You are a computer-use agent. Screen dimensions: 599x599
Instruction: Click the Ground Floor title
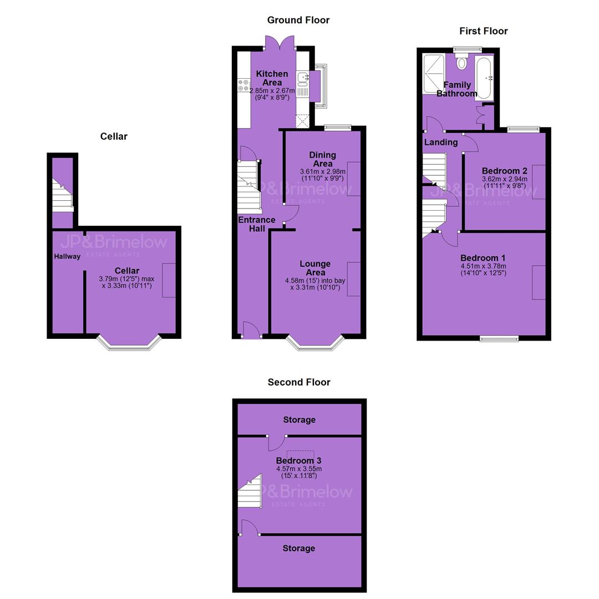pos(298,21)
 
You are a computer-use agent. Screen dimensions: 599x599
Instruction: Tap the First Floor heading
pos(483,31)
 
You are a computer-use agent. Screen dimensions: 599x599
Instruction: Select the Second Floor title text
pos(299,382)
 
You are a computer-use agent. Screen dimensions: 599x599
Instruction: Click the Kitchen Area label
pos(272,78)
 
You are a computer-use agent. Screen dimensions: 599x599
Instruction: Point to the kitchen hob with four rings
pos(243,85)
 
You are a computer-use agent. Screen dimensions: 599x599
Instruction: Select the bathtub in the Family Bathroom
pos(484,79)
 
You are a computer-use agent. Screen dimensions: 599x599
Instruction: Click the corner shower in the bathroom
pos(434,74)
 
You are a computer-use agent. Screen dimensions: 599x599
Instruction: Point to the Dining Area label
pos(323,159)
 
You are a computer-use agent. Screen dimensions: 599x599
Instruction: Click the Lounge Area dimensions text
pos(315,284)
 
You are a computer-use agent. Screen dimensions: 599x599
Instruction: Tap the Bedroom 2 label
pos(504,171)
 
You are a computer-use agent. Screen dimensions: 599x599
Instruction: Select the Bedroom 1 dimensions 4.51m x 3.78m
pos(483,266)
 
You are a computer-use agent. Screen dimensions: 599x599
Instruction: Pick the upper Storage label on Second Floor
pos(299,420)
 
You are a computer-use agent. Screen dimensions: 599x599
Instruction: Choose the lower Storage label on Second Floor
pos(299,549)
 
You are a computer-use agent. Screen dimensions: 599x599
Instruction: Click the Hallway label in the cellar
pos(67,256)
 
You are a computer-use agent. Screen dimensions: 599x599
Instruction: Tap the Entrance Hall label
pos(257,224)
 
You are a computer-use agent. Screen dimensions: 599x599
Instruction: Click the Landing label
pos(441,142)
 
